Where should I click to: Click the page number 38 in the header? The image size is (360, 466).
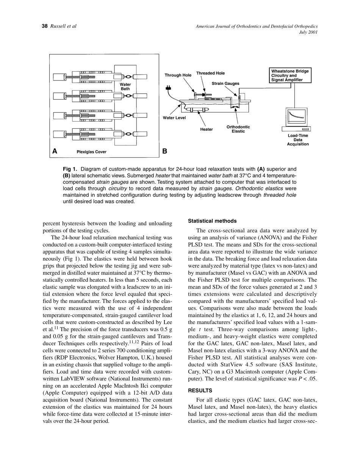point(44,26)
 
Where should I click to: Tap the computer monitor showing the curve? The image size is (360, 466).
point(298,117)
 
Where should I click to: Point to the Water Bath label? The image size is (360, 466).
point(125,86)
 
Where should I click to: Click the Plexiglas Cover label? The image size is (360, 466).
point(92,152)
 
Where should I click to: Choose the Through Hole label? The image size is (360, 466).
point(178,75)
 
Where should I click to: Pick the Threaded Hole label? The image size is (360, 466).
point(210,73)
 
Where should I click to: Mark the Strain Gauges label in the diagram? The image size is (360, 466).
point(225,83)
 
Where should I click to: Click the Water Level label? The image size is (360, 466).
point(174,118)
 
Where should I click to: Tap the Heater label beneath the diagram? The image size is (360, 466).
point(207,129)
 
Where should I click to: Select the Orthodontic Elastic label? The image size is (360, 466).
point(238,129)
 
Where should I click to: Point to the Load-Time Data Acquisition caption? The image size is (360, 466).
point(298,140)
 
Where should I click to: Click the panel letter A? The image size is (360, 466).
point(55,151)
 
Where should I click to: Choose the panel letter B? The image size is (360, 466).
point(165,151)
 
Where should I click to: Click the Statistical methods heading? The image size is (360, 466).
point(212,221)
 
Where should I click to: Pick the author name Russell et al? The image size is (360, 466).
point(63,26)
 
